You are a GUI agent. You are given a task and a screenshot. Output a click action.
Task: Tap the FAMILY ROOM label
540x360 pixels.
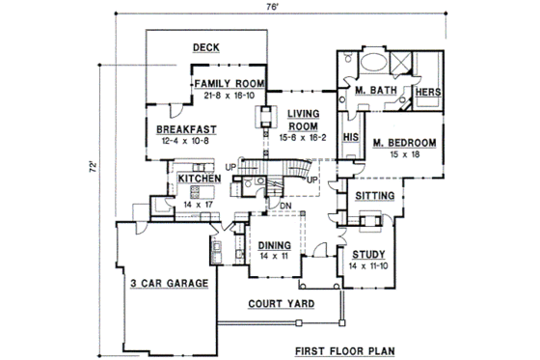pos(229,85)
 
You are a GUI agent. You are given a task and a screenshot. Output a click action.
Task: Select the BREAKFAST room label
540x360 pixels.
pos(185,129)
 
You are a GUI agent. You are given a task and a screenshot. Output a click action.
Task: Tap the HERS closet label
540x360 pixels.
pos(428,93)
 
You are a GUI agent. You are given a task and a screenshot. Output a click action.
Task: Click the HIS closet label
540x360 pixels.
pos(351,139)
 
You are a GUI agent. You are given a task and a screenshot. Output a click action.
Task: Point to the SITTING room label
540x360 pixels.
pos(374,196)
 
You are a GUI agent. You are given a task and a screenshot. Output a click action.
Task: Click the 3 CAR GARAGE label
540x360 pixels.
pos(170,283)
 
